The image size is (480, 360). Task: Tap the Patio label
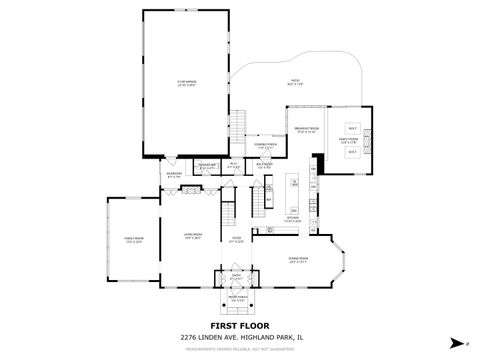pos(296,84)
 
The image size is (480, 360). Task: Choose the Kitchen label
pos(294,218)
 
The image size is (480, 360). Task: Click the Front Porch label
pos(237,298)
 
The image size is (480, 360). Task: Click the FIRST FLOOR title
pos(239,326)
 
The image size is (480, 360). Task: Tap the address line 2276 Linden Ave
pos(240,337)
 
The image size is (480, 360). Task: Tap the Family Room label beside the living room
pos(128,239)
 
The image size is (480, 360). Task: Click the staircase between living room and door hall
pos(226,212)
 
